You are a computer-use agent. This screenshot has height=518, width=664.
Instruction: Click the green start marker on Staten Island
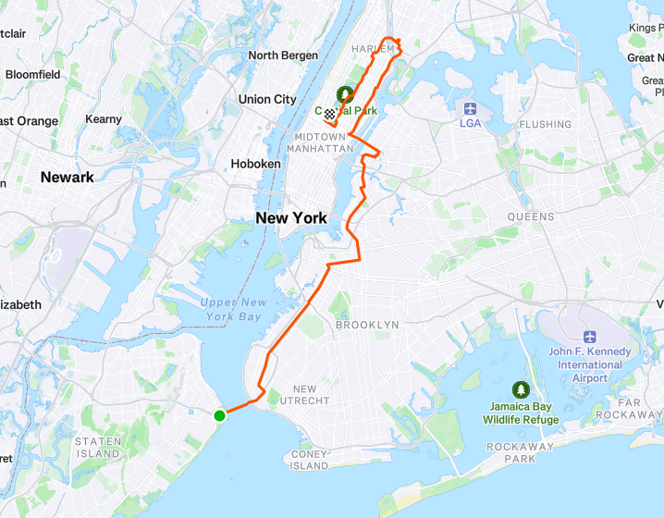pyautogui.click(x=220, y=415)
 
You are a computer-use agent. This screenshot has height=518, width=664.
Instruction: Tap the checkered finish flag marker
pyautogui.click(x=329, y=114)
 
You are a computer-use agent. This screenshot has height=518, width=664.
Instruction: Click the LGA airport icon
pyautogui.click(x=470, y=108)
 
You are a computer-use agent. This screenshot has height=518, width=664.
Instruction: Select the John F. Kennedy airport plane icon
pyautogui.click(x=590, y=338)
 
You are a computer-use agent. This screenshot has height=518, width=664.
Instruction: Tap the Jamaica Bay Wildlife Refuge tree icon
pyautogui.click(x=520, y=390)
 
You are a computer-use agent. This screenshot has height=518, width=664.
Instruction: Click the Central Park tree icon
pyautogui.click(x=345, y=94)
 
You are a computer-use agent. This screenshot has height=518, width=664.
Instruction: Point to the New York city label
pyautogui.click(x=291, y=218)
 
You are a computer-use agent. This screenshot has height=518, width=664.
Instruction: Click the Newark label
pyautogui.click(x=67, y=177)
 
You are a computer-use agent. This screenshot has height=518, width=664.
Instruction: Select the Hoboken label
pyautogui.click(x=255, y=164)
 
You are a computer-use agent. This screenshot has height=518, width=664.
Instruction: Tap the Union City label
pyautogui.click(x=267, y=99)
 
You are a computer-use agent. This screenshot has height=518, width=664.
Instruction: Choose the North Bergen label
pyautogui.click(x=283, y=55)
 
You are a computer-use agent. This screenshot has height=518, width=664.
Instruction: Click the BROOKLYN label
pyautogui.click(x=367, y=326)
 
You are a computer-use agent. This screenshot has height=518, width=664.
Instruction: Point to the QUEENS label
pyautogui.click(x=530, y=217)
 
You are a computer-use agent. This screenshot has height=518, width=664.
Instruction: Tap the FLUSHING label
pyautogui.click(x=545, y=124)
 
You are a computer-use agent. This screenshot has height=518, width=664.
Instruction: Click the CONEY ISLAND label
pyautogui.click(x=310, y=460)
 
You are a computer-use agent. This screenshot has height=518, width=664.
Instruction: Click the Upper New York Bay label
pyautogui.click(x=232, y=310)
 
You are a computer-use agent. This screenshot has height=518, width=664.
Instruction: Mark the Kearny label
pyautogui.click(x=104, y=119)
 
